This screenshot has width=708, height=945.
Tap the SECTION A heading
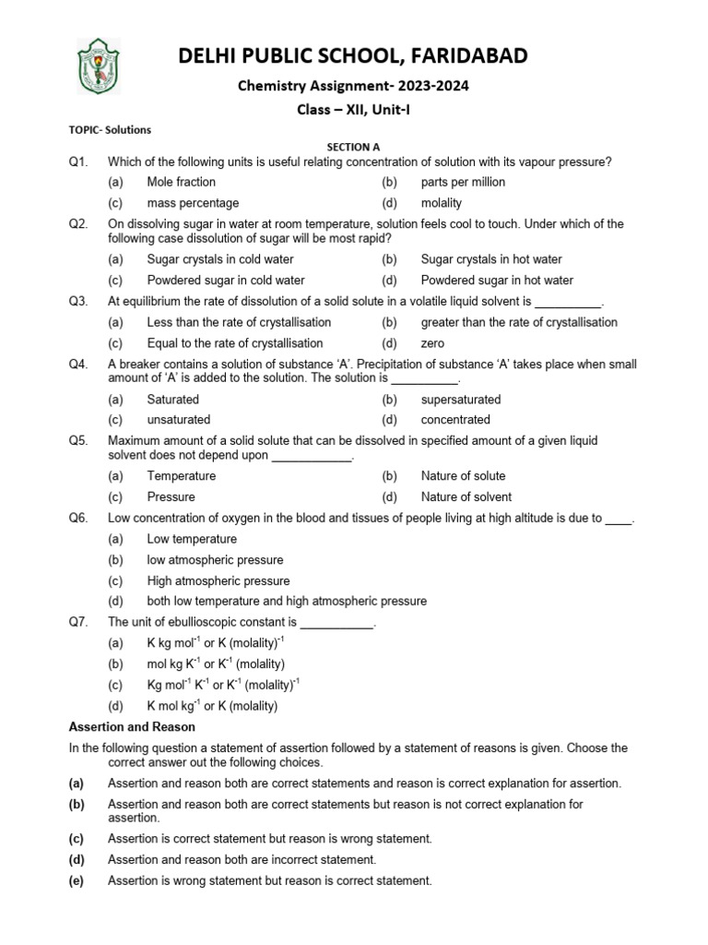354,147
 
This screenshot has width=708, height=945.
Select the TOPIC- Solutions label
110,130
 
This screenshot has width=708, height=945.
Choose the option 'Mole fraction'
182,182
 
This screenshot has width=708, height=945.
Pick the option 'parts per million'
463,182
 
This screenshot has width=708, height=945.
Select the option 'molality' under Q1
442,203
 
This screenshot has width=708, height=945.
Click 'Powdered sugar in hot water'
497,280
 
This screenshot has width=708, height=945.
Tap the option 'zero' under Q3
433,343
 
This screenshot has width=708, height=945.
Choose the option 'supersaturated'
461,400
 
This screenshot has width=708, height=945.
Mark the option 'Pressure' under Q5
171,496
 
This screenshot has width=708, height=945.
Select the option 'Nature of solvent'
464,496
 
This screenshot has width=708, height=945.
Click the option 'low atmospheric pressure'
215,560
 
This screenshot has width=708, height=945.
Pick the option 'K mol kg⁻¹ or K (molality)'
212,706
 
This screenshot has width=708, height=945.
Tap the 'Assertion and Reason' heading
132,727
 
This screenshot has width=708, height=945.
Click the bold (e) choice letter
77,880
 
